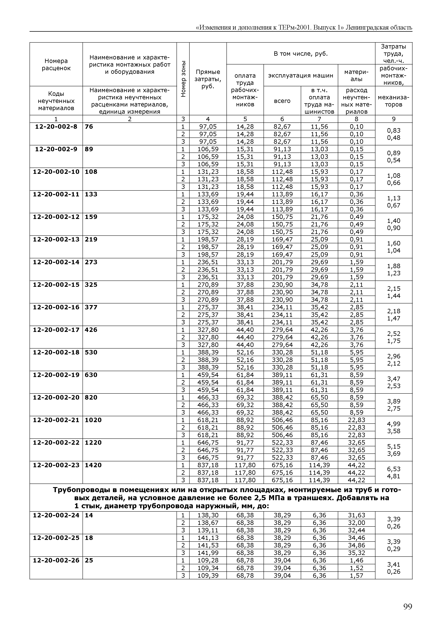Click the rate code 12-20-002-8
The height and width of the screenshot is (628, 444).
click(x=56, y=126)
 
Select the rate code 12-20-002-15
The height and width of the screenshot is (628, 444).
click(x=56, y=285)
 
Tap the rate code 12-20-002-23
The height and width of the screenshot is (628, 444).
click(x=56, y=465)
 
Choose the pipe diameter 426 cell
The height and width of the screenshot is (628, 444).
click(x=91, y=330)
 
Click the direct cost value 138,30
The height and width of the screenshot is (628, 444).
click(x=208, y=515)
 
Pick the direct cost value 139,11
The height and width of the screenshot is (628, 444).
click(x=208, y=530)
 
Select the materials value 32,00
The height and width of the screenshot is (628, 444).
click(x=356, y=523)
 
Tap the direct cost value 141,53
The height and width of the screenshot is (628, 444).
click(x=208, y=545)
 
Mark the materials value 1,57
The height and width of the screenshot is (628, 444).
click(x=356, y=576)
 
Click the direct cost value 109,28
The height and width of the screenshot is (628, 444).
click(x=208, y=561)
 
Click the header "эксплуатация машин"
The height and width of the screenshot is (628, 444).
click(x=301, y=76)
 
